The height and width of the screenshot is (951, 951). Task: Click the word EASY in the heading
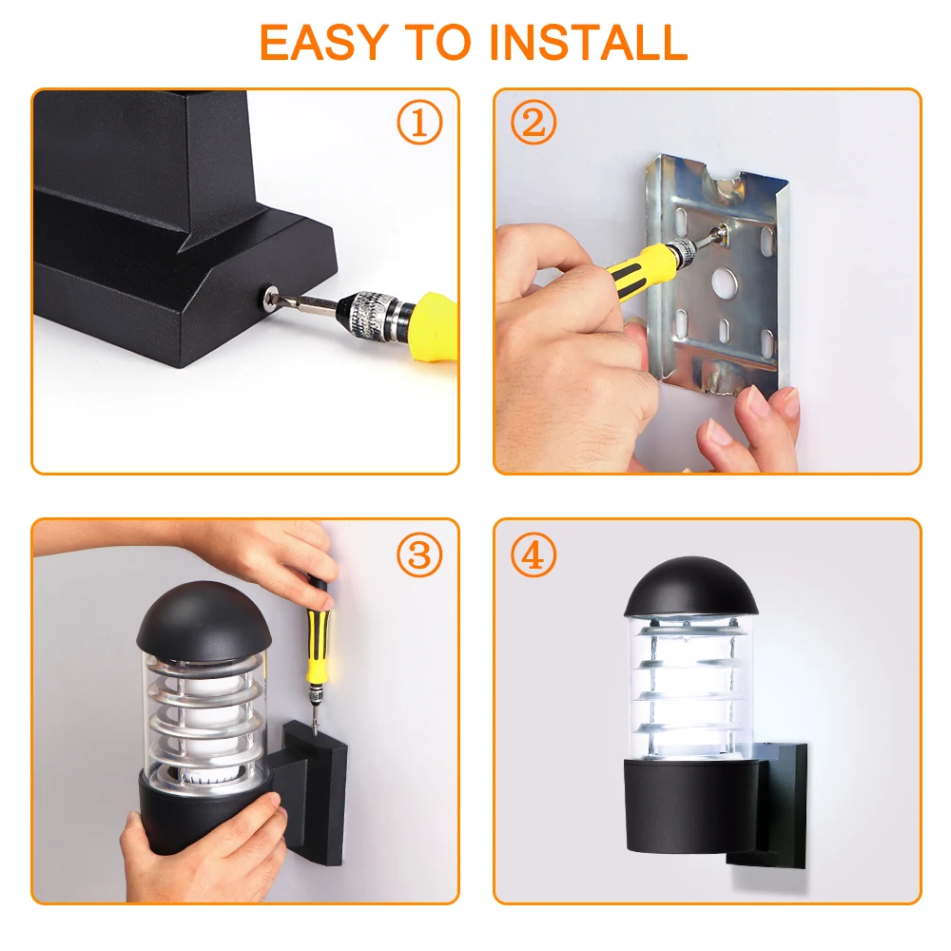tap(323, 42)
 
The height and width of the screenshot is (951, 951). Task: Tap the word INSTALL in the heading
tap(588, 42)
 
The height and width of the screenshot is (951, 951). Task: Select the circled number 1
tap(419, 123)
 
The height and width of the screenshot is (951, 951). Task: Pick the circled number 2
tap(534, 123)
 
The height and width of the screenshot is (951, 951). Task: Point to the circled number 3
tap(419, 554)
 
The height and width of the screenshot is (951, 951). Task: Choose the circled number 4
tap(534, 554)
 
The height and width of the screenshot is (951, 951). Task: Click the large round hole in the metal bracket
tap(724, 281)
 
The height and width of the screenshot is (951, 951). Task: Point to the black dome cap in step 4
tap(691, 587)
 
